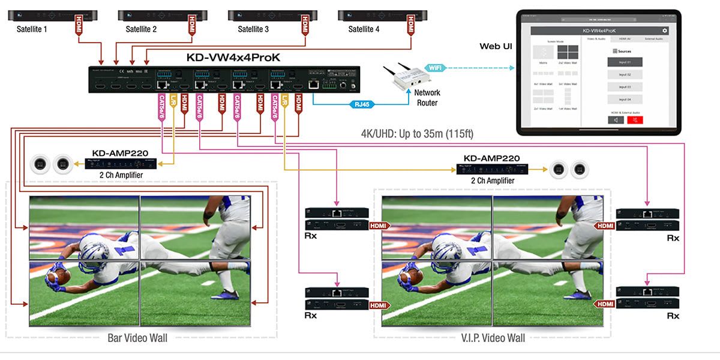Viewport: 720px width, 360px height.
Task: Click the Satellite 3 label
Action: (x=254, y=29)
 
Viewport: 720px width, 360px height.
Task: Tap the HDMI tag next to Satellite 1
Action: (x=79, y=26)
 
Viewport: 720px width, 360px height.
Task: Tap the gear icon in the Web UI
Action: (x=664, y=31)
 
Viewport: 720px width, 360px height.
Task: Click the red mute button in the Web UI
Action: (x=635, y=119)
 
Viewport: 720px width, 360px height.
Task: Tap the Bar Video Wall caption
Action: (x=138, y=338)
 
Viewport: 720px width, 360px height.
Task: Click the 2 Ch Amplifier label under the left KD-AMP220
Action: (x=125, y=175)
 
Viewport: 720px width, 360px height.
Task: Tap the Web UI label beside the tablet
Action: (x=496, y=46)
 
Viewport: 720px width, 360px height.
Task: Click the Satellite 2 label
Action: (x=142, y=29)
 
